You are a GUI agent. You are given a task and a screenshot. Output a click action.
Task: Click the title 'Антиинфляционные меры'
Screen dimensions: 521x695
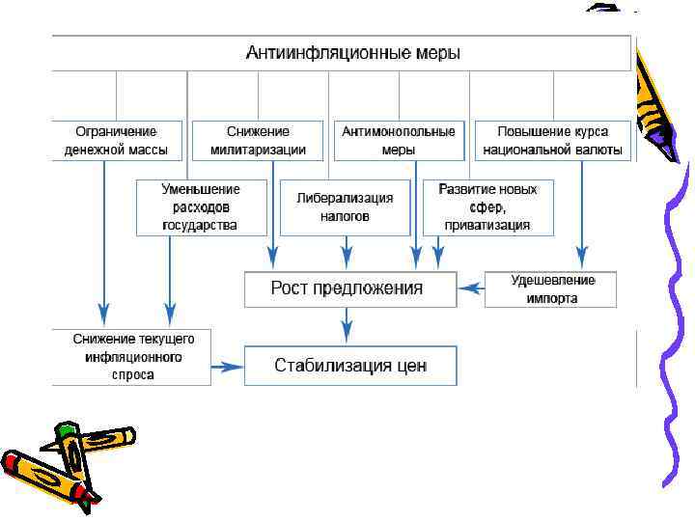(352, 52)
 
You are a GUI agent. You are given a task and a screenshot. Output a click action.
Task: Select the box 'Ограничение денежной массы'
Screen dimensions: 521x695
(116, 140)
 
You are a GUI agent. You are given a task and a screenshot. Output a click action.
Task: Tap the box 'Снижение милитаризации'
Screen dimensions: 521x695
(258, 140)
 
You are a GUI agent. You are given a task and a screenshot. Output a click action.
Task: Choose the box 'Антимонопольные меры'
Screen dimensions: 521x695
(399, 140)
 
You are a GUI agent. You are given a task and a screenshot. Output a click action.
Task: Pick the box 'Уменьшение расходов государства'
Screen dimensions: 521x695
(201, 207)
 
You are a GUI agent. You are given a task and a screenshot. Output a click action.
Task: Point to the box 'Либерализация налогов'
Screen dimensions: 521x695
(345, 207)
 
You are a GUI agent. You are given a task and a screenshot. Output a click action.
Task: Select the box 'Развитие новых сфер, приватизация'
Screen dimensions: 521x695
(487, 207)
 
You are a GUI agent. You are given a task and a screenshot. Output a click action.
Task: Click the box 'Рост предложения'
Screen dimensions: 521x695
(348, 288)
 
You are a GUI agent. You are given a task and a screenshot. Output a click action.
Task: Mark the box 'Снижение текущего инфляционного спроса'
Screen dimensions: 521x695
(133, 357)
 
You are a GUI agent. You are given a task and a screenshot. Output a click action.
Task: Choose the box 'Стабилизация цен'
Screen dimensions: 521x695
(349, 366)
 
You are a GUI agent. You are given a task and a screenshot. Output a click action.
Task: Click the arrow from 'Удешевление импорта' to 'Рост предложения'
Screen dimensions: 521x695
(470, 288)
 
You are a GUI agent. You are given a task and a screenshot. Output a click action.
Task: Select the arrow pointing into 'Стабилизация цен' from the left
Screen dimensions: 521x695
(228, 366)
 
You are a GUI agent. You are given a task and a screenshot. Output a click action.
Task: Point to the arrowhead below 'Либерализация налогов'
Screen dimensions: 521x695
(345, 259)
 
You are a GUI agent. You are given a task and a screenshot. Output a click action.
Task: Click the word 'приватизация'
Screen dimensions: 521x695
(487, 225)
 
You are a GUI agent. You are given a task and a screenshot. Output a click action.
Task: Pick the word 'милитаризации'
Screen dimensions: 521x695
(258, 150)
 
